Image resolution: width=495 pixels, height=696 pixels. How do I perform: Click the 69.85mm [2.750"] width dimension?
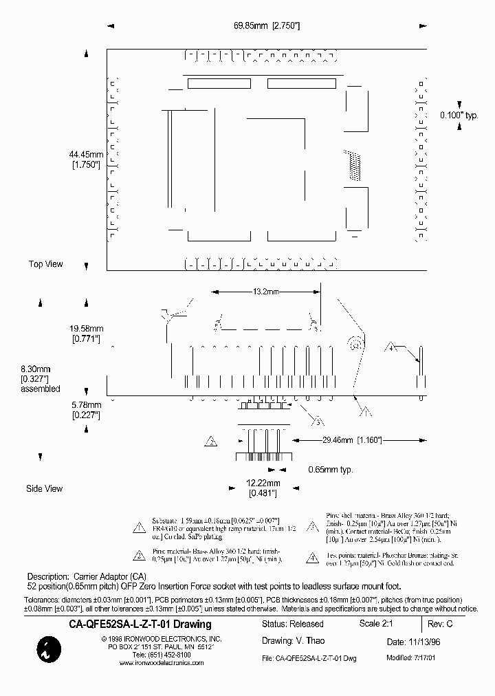266,25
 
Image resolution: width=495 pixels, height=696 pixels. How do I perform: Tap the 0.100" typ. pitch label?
459,115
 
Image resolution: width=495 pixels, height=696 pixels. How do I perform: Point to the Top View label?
45,264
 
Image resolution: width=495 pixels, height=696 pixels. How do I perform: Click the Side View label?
44,488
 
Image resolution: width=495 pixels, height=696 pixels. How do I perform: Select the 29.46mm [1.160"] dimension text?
352,439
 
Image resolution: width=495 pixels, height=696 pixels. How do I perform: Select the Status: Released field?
292,624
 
